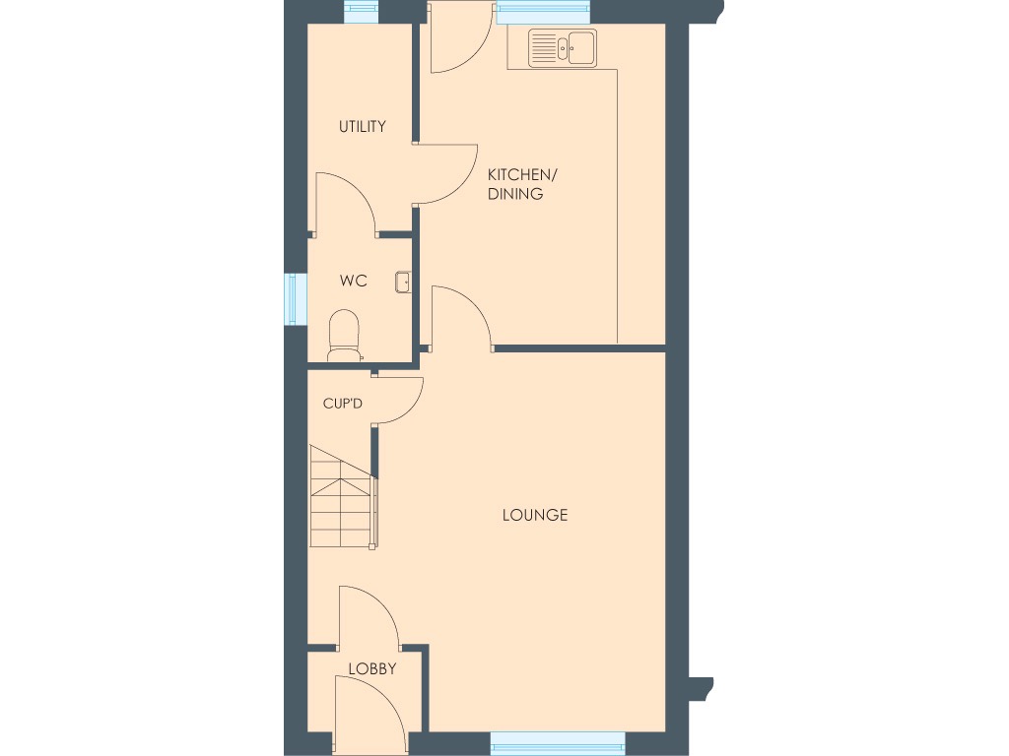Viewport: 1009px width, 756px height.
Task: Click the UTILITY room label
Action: pyautogui.click(x=362, y=127)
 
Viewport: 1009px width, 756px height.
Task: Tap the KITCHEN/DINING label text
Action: pyautogui.click(x=522, y=184)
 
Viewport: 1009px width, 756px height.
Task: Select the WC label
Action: pyautogui.click(x=353, y=282)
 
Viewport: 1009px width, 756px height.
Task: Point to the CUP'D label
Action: pyautogui.click(x=343, y=403)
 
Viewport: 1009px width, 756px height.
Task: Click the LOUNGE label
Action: pyautogui.click(x=534, y=515)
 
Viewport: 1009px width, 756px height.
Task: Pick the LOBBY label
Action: pyautogui.click(x=371, y=669)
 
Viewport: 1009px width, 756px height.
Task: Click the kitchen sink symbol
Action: pyautogui.click(x=562, y=48)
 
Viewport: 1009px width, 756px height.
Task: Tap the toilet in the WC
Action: pyautogui.click(x=343, y=335)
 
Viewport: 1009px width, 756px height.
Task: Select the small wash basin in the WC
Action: pyautogui.click(x=403, y=283)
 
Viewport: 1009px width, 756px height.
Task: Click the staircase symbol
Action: pyautogui.click(x=341, y=496)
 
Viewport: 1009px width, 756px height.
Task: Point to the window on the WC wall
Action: pyautogui.click(x=291, y=298)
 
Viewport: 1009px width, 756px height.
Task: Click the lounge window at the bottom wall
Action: pyautogui.click(x=557, y=740)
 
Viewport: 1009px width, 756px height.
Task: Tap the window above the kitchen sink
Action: pyautogui.click(x=542, y=12)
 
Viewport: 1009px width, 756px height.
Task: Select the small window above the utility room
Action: pyautogui.click(x=361, y=12)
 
